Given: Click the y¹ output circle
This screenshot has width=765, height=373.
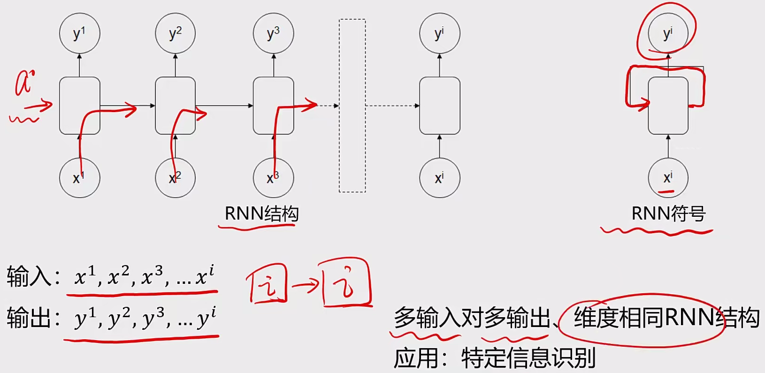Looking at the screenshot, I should click(79, 33).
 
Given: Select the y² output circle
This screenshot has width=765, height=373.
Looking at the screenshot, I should click(175, 33).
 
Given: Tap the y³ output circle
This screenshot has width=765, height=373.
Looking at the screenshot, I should click(273, 33).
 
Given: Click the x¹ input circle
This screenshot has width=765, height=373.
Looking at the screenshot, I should click(79, 178).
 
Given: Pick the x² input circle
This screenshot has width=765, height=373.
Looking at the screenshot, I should click(175, 178).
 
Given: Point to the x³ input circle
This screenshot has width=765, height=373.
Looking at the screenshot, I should click(273, 178).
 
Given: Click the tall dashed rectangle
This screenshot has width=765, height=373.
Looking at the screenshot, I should click(352, 106).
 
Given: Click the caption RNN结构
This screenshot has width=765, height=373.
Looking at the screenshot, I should click(261, 214).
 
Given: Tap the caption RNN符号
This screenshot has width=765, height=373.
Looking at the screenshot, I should click(668, 214).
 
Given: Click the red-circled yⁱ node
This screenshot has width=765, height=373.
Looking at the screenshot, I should click(668, 33).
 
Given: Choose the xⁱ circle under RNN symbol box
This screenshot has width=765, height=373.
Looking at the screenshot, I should click(668, 178).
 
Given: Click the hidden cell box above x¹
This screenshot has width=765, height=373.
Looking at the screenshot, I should click(79, 106).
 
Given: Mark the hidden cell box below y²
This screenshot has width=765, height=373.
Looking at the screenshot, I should click(175, 106).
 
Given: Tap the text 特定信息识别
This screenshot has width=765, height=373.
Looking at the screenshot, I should click(528, 358).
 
